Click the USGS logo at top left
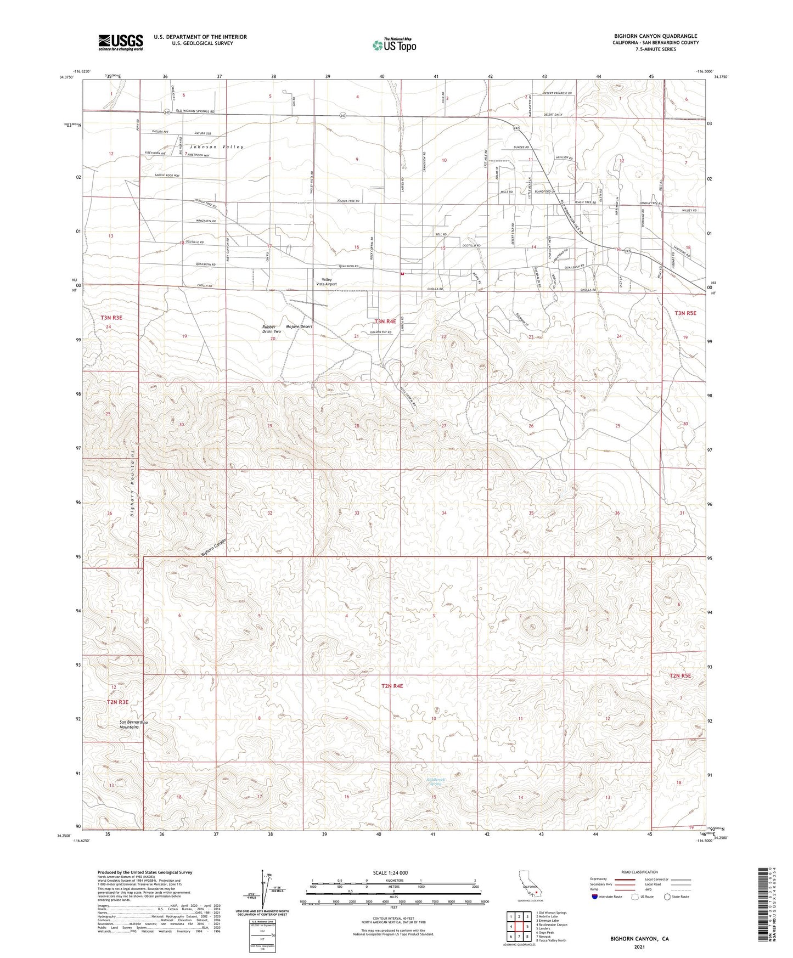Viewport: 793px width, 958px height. coord(121,42)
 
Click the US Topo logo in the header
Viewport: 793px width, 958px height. coord(393,45)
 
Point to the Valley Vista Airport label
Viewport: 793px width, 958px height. coord(325,281)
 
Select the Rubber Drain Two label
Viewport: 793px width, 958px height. coord(271,329)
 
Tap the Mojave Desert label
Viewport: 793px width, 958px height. coord(299,326)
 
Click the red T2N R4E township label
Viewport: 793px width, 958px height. coord(392,686)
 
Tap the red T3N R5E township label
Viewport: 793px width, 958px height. coord(685,313)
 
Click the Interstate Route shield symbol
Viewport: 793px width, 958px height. coord(595,897)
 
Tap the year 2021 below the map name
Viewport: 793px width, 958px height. coord(639,946)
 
